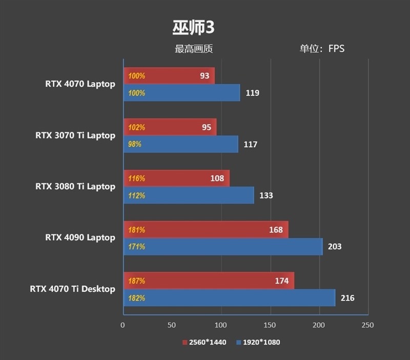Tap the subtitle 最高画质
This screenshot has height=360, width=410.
click(194, 49)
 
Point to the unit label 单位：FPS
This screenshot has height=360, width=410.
click(322, 49)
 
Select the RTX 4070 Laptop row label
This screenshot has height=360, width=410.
click(80, 84)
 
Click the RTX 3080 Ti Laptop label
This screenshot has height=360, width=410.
click(75, 186)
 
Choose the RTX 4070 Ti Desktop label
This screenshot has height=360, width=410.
click(72, 289)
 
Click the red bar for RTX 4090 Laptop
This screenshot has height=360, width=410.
click(206, 230)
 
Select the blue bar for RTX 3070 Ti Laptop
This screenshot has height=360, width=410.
click(181, 145)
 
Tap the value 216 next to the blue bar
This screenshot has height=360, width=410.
click(347, 298)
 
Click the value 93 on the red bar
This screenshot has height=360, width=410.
click(204, 76)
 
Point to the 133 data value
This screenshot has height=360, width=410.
click(266, 195)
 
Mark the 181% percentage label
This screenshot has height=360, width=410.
click(137, 230)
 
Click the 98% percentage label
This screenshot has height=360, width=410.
click(135, 145)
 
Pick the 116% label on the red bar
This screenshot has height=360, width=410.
click(137, 178)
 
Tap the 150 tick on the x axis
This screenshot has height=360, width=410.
click(270, 325)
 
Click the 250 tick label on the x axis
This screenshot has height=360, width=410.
click(367, 325)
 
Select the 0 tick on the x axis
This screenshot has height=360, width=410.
click(122, 325)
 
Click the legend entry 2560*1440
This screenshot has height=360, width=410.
click(204, 342)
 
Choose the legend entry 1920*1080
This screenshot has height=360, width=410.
click(258, 342)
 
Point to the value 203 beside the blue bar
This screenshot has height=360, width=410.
click(334, 247)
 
